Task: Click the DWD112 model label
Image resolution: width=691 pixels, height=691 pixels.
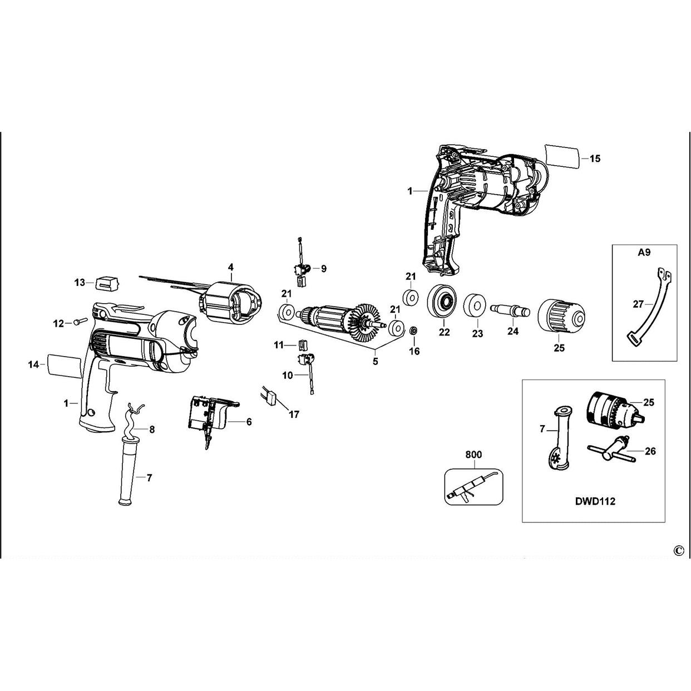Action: tap(595, 501)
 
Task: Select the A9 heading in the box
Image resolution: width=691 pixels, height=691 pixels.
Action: tap(644, 252)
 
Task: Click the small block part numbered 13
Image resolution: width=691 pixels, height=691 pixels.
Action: tap(106, 282)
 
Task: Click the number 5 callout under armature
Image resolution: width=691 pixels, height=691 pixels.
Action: tap(375, 361)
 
